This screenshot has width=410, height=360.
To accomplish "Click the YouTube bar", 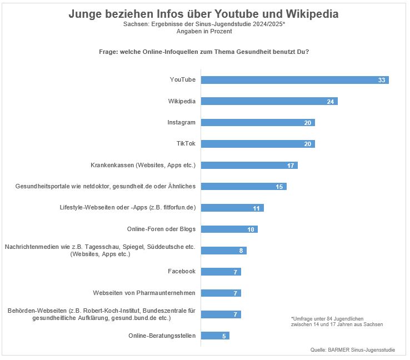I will point(294,80).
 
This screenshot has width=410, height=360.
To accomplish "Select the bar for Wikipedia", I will point(269,101).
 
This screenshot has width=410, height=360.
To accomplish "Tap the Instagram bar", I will point(258,122).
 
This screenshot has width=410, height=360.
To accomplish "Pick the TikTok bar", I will point(258,144).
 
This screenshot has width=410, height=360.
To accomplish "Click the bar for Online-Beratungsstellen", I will point(215,336).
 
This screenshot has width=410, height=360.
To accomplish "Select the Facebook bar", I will point(221,272).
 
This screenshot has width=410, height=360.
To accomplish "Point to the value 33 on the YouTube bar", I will point(382,80).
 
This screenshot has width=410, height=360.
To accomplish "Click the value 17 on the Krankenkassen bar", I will point(291,166).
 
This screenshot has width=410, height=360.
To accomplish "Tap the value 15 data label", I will point(279,187).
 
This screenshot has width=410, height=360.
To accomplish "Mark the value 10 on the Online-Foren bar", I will point(251,229).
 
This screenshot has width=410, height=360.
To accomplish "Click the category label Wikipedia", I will point(182,101).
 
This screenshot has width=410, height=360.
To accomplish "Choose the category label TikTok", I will point(185,144).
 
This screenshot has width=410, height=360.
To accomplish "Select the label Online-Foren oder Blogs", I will point(162,229).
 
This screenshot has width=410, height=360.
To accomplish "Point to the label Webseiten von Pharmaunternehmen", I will point(144,293).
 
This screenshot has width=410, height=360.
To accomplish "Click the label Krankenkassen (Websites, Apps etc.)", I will point(143,165).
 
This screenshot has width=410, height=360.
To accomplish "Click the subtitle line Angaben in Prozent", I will point(205,32).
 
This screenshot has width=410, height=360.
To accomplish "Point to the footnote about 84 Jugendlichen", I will point(336,321).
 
